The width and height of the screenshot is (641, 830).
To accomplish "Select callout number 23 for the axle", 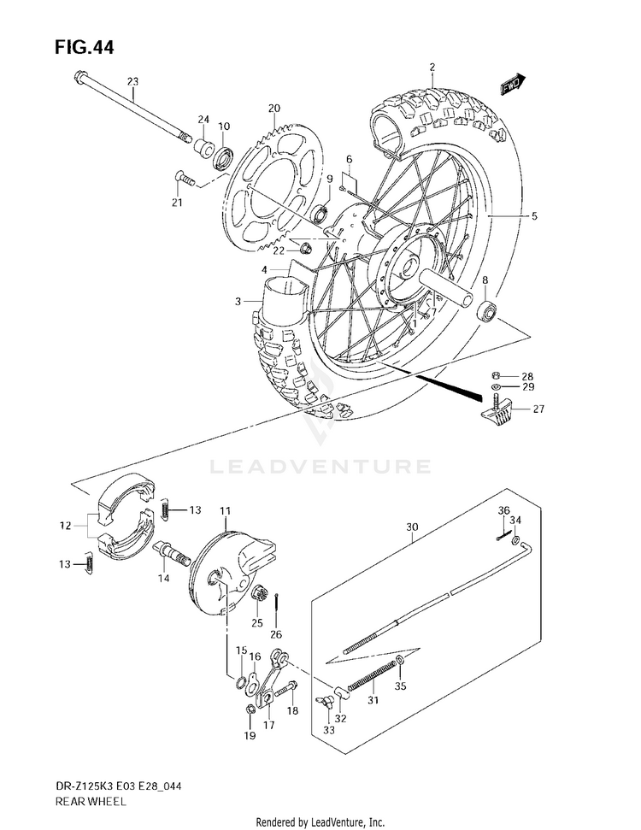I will point(132,81).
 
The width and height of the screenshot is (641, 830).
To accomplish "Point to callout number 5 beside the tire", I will point(533,217).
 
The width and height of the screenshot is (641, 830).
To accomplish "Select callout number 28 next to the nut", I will point(527,376).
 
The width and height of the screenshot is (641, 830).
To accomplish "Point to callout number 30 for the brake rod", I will point(413,527).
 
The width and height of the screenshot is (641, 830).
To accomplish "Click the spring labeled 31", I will point(373,676).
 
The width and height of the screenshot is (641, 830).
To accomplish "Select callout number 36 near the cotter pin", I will point(503,510).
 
